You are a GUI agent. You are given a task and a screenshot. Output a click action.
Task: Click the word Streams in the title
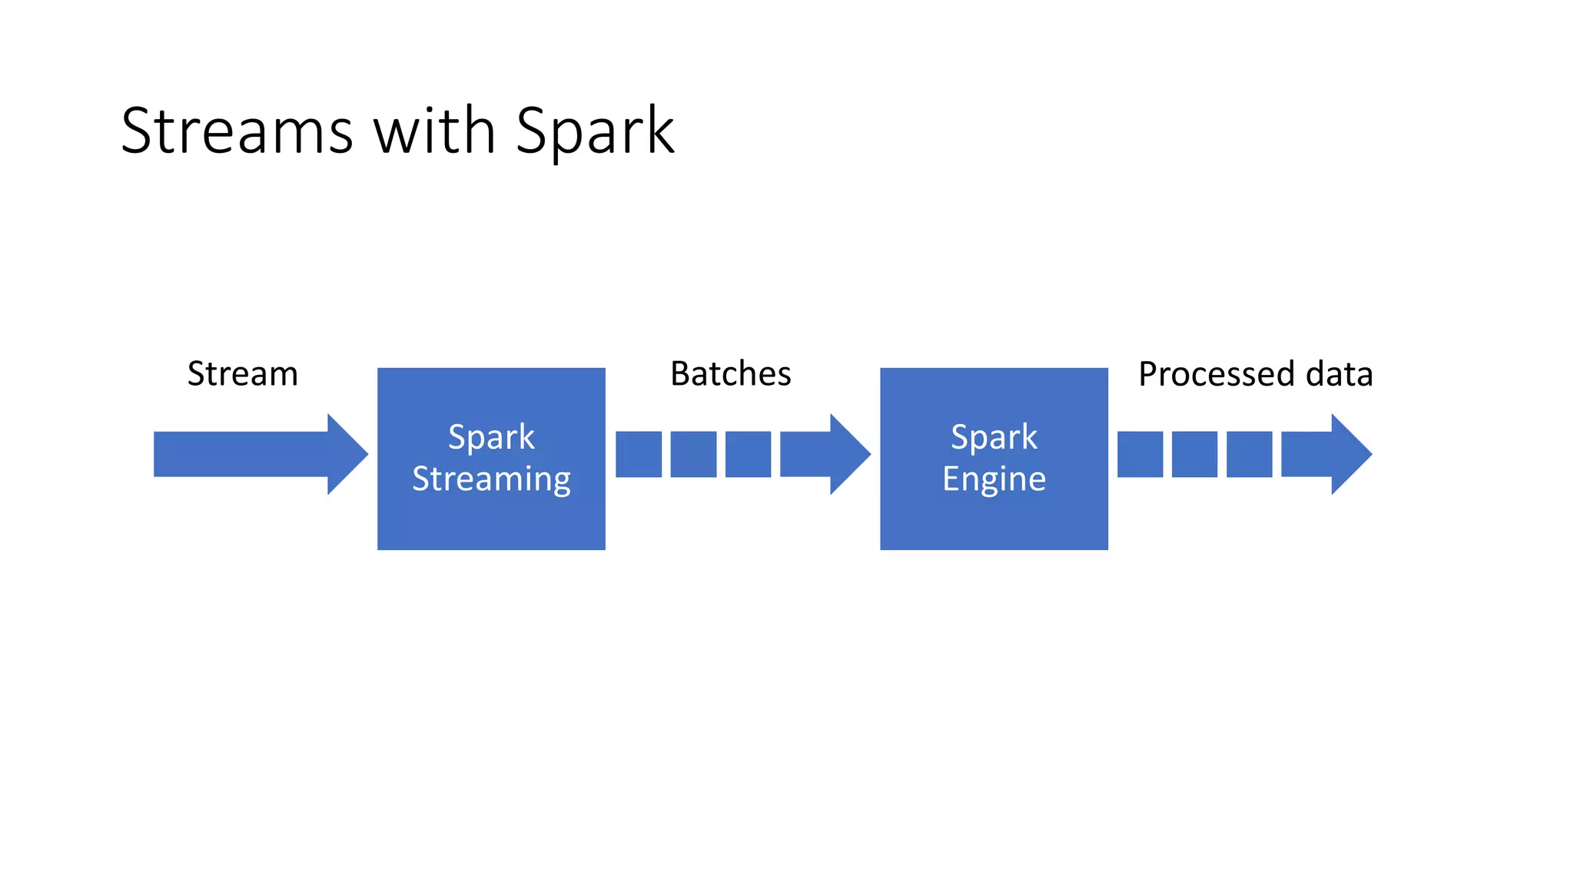pyautogui.click(x=237, y=131)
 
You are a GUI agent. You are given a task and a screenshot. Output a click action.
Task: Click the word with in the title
pyautogui.click(x=434, y=131)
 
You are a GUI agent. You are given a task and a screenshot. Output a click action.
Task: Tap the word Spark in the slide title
pyautogui.click(x=595, y=131)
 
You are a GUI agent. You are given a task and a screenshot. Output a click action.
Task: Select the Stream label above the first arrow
pyautogui.click(x=243, y=374)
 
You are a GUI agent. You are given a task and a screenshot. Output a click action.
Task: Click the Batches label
pyautogui.click(x=730, y=374)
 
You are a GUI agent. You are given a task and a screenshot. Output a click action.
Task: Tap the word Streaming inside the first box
pyautogui.click(x=491, y=479)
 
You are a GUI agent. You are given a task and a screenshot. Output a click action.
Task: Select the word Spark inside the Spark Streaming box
pyautogui.click(x=491, y=437)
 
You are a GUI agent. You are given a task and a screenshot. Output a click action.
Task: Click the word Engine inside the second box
pyautogui.click(x=994, y=479)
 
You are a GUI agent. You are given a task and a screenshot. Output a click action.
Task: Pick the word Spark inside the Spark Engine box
pyautogui.click(x=994, y=437)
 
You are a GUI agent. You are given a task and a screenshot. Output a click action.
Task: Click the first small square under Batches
pyautogui.click(x=639, y=454)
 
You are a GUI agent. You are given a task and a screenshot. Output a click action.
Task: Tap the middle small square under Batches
pyautogui.click(x=693, y=454)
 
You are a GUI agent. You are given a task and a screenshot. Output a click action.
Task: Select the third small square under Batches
pyautogui.click(x=748, y=454)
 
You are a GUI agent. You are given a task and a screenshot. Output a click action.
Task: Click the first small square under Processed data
pyautogui.click(x=1140, y=454)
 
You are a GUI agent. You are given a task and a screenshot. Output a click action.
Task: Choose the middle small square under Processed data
pyautogui.click(x=1194, y=454)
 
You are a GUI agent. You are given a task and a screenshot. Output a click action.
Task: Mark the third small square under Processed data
pyautogui.click(x=1249, y=454)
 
